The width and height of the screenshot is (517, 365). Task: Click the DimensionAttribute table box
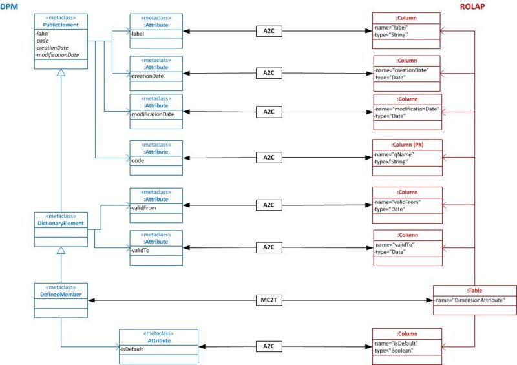(474, 300)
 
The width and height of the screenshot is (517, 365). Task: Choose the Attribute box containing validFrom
(156, 205)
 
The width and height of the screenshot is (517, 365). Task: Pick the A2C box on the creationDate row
(269, 73)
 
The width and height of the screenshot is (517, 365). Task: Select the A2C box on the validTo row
(269, 247)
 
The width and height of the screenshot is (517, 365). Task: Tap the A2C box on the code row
(269, 158)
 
